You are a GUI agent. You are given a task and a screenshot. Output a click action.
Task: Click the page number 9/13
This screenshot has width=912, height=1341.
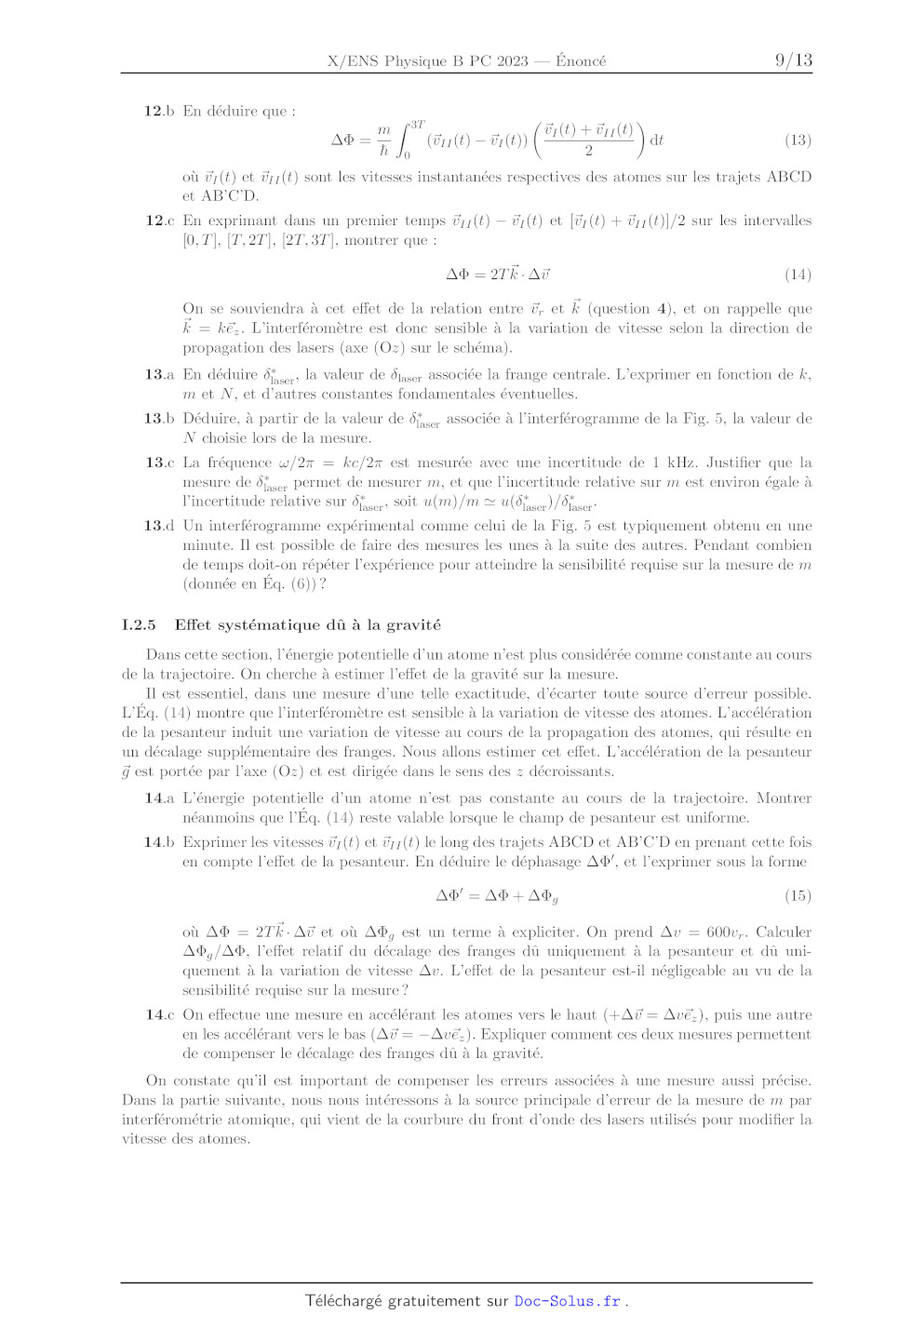pos(793,60)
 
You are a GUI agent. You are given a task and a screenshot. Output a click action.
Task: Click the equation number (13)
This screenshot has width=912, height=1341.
pos(798,140)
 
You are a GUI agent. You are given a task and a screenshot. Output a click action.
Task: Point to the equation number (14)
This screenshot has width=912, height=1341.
pos(798,275)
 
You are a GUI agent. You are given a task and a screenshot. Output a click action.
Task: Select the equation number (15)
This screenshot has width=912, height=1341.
pos(798,895)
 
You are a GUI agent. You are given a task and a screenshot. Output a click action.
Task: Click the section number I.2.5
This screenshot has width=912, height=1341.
pos(139,625)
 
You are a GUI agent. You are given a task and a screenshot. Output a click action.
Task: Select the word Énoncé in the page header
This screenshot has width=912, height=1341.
pos(581,61)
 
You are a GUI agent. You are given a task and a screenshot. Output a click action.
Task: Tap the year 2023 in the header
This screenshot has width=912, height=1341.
pos(512,61)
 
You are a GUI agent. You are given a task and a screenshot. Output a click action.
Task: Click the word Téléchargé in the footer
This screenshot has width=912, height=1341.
pos(343,1301)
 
